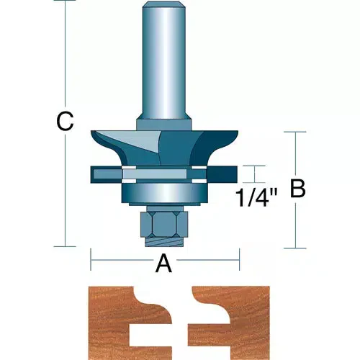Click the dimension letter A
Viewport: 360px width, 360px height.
pyautogui.click(x=164, y=265)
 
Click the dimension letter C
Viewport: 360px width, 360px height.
pyautogui.click(x=66, y=122)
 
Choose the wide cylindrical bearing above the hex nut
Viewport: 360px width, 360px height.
pyautogui.click(x=165, y=192)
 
